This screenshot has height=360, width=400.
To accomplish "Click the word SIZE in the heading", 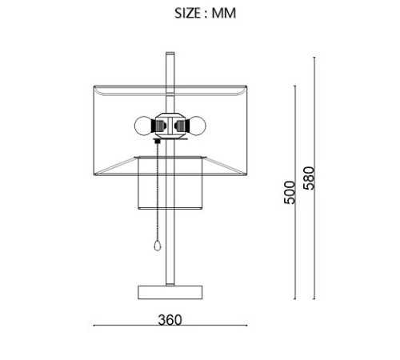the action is point(187,13).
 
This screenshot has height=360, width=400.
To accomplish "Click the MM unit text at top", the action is point(224,13).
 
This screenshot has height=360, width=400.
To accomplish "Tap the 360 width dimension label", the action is point(170,320).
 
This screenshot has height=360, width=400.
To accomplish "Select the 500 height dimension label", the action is point(290,192).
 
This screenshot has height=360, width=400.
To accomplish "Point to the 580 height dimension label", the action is point(310,178).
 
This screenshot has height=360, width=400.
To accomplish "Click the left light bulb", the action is point(143,126).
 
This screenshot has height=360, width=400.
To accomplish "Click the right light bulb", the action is point(198,126).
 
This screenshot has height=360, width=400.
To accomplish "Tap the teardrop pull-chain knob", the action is point(158,246).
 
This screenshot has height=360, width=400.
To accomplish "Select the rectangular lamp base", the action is point(170,292).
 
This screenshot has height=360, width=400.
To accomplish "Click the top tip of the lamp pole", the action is point(170,52).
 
